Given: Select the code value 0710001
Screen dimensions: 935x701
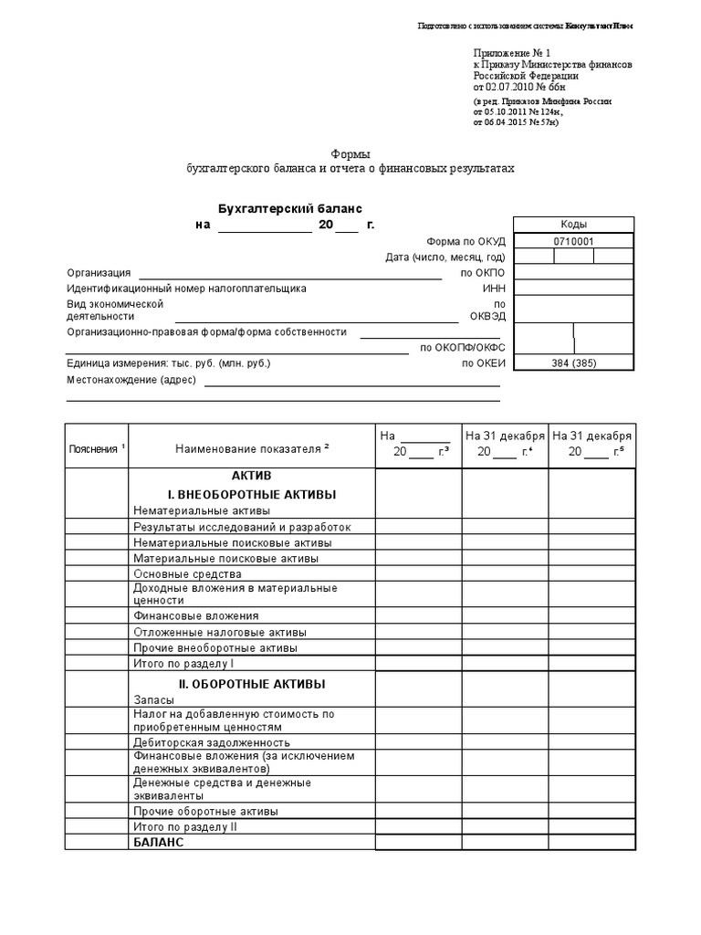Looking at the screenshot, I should point(573,241).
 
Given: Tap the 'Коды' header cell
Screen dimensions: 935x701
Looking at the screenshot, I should point(573,225).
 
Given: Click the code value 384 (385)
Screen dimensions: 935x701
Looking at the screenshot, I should point(573,363).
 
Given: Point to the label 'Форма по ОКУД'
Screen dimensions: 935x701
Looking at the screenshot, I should point(466,241).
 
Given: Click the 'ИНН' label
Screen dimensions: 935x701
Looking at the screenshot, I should point(494,289).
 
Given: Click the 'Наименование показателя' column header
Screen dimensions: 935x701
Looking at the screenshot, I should point(252,448).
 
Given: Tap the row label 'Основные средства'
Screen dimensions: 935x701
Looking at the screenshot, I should point(187,574).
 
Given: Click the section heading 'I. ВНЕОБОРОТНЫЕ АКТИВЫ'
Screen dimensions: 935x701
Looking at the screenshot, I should point(252,494).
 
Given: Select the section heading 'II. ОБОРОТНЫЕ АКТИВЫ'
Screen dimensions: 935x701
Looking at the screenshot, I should point(252,683).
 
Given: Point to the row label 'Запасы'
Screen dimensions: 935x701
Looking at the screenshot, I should point(153,699).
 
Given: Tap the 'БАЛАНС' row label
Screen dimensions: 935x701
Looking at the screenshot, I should point(159,842).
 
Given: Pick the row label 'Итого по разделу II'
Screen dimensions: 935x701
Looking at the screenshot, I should point(185,826).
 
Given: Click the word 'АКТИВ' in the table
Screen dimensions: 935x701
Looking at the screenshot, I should point(252,477).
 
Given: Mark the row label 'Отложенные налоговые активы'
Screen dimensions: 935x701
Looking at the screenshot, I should point(219,632).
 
